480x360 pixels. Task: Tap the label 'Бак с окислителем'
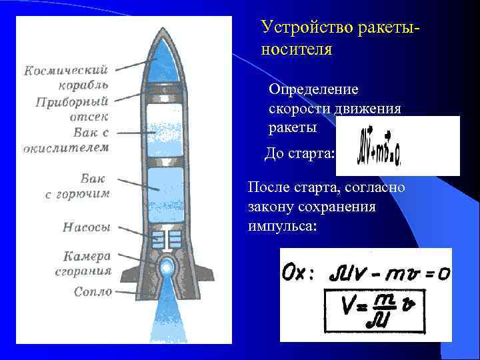point(67,141)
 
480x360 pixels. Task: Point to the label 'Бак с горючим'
point(78,186)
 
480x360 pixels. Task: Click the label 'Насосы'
point(86,227)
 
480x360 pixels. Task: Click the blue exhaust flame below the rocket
point(165,317)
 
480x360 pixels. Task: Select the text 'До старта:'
point(299,154)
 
